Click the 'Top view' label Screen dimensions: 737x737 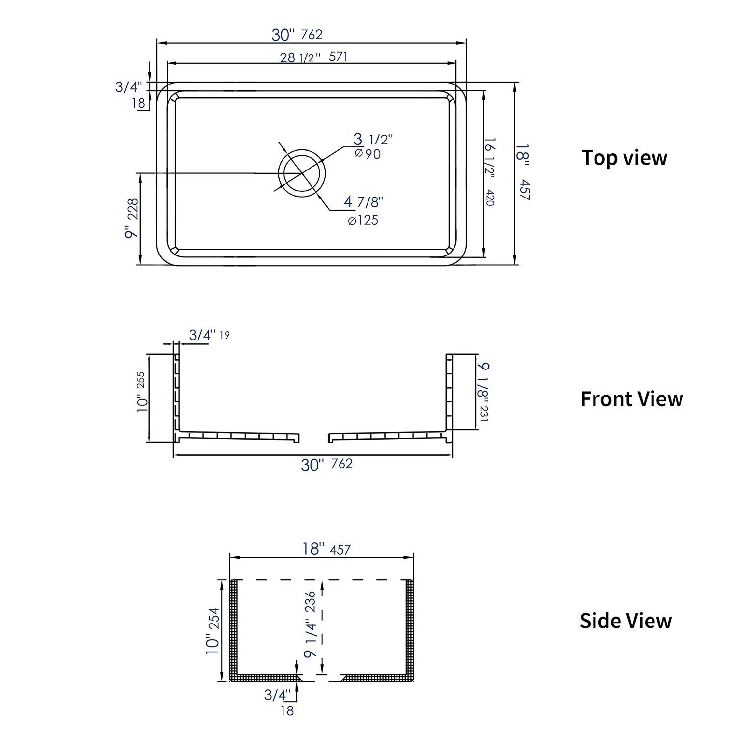pos(624,158)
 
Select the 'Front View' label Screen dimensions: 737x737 pos(631,399)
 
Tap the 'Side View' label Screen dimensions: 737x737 pos(625,621)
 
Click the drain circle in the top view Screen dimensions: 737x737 pos(302,173)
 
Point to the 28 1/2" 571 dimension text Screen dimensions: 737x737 pos(313,57)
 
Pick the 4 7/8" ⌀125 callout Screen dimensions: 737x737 pos(363,210)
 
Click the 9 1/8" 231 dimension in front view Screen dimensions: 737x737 pos(483,392)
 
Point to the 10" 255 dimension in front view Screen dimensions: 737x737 pos(142,392)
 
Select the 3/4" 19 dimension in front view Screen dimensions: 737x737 pos(209,335)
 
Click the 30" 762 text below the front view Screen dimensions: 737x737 pos(327,464)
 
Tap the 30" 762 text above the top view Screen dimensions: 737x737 pos(297,35)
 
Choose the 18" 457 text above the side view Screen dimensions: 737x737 pos(326,549)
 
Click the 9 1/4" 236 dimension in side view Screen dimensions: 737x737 pos(310,624)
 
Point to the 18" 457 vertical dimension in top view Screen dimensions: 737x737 pos(524,172)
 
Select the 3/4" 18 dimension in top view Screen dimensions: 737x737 pos(130,94)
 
